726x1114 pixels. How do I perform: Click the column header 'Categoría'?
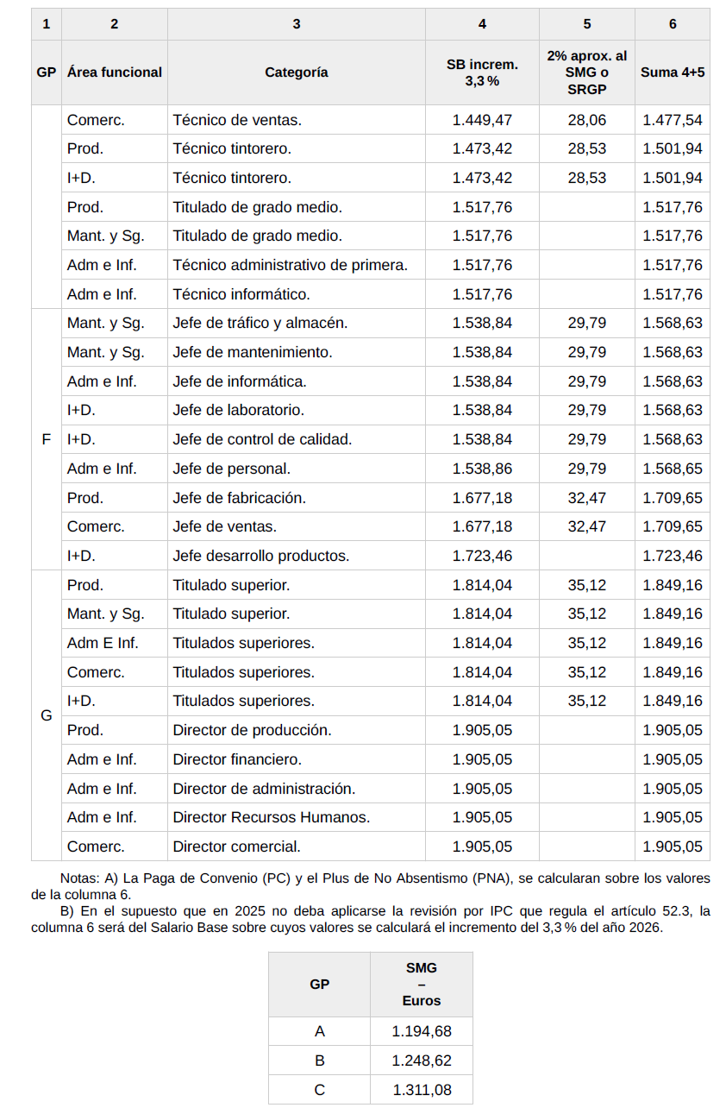click(x=296, y=72)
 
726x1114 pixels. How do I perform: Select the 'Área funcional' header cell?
click(x=114, y=72)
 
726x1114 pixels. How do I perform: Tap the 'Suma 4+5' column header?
click(x=672, y=72)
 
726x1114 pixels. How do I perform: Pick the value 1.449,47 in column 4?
click(x=482, y=120)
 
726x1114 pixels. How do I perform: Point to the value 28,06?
click(x=586, y=120)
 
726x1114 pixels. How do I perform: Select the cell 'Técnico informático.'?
click(x=241, y=294)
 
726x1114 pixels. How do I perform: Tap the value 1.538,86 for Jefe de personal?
click(x=482, y=469)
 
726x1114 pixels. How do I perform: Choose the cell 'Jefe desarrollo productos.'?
click(x=260, y=556)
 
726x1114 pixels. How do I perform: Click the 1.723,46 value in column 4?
click(x=482, y=556)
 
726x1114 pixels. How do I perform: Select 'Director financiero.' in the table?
click(x=237, y=759)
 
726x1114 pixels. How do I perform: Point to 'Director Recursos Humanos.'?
click(x=271, y=817)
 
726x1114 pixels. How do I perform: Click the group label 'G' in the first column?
click(x=47, y=715)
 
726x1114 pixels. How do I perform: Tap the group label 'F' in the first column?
click(x=47, y=439)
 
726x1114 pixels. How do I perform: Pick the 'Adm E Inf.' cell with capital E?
click(x=102, y=643)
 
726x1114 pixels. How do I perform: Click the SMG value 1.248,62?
click(x=421, y=1061)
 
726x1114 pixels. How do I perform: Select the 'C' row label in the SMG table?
click(x=319, y=1090)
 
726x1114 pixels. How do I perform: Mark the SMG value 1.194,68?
click(x=421, y=1031)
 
